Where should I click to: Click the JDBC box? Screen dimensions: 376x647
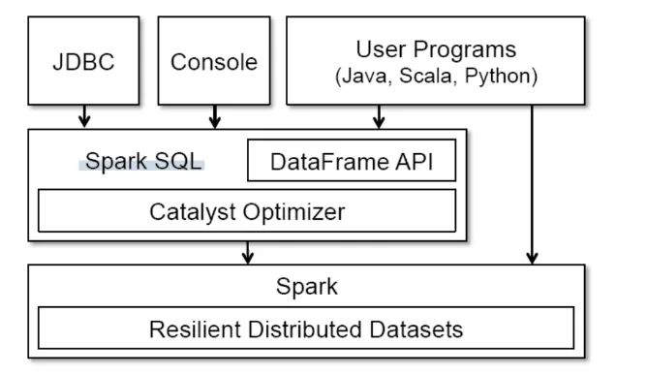pos(85,62)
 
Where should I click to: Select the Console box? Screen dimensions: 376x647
pos(214,62)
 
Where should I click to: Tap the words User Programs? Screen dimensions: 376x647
pos(436,48)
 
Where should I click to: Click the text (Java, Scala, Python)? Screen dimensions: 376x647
pos(436,75)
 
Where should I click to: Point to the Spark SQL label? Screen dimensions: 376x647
pos(143,162)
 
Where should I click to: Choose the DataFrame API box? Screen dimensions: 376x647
pos(352,162)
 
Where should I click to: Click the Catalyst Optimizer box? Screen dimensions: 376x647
pos(246,211)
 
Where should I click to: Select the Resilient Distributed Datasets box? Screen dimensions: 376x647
pos(306,329)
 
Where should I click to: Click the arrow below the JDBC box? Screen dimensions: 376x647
pos(85,117)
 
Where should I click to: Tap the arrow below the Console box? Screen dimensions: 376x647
pos(214,117)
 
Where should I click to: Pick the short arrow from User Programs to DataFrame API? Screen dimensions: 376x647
pos(379,117)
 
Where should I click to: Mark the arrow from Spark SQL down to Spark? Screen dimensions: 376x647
pos(248,252)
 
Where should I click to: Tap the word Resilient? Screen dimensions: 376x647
pos(194,329)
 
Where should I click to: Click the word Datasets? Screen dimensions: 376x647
pos(416,329)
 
